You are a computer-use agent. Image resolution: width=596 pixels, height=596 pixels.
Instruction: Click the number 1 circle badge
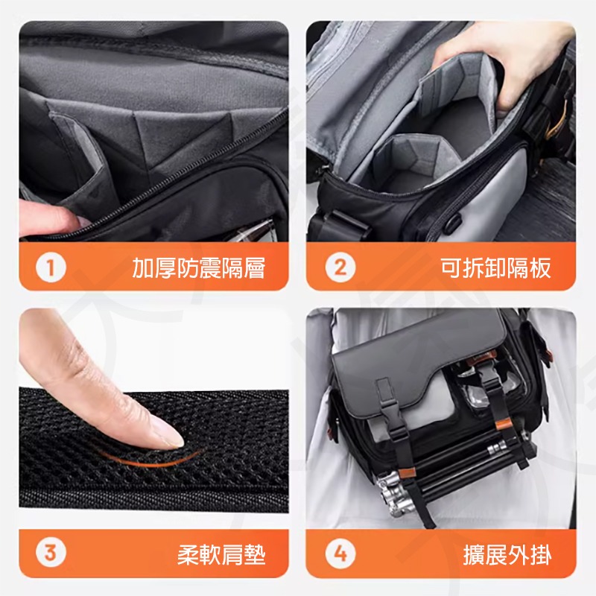coord(51,267)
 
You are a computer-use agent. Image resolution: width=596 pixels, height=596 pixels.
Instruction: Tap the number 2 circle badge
coord(340,267)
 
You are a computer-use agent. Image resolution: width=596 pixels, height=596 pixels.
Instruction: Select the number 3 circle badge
coord(51,554)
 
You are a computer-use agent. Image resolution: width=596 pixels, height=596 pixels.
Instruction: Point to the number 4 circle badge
coord(340,554)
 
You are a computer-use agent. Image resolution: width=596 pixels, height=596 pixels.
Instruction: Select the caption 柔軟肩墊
coord(221,554)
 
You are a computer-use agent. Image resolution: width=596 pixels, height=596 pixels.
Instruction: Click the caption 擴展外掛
coord(507,554)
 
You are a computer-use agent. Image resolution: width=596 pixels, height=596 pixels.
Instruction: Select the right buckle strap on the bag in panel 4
coord(490,395)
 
